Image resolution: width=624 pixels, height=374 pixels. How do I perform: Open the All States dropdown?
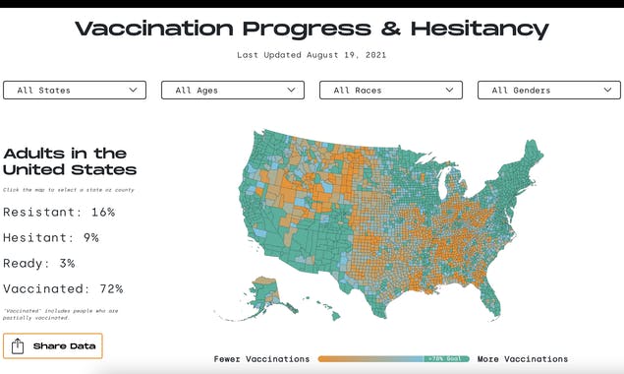coord(75,91)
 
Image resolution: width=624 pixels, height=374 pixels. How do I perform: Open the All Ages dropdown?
coord(233,91)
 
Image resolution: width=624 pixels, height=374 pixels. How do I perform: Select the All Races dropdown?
coord(391,91)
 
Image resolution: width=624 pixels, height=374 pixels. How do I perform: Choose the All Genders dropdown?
coord(548,91)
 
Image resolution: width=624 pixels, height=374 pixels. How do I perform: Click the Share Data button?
coord(52,346)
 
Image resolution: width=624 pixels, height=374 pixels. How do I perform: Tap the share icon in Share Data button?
coord(19,346)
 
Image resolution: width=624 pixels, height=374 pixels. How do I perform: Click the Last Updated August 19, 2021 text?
coord(312,55)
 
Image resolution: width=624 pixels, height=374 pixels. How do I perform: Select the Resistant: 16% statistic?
coord(59,212)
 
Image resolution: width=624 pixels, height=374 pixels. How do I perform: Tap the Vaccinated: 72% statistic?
coord(63,288)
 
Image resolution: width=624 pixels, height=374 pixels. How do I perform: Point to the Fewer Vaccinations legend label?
coord(261,359)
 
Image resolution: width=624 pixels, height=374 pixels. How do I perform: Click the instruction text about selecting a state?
coord(69,189)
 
